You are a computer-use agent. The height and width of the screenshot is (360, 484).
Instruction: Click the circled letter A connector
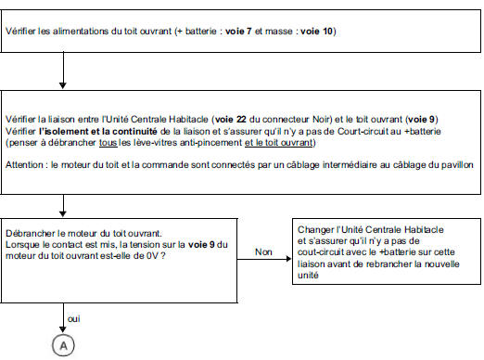coord(63,345)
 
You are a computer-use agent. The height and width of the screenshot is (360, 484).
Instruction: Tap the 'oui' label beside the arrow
coord(73,319)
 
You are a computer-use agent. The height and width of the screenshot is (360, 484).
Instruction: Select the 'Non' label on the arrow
coord(263,252)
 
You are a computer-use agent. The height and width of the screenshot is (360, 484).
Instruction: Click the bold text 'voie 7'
coord(238,32)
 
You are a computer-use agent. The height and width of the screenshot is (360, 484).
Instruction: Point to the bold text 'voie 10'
coord(317,32)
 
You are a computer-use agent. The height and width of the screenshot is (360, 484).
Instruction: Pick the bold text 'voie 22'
coord(231,120)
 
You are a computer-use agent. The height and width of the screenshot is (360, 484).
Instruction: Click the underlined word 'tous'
coord(108,143)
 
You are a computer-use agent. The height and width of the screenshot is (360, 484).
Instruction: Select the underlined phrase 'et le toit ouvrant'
coord(279,143)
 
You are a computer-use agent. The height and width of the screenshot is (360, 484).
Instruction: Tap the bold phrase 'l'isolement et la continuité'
coord(98,132)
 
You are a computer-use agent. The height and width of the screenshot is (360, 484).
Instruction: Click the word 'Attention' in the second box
coord(24,165)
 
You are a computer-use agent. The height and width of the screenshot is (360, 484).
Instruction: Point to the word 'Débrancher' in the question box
coord(30,233)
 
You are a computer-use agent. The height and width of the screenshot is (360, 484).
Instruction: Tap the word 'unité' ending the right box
coord(308,276)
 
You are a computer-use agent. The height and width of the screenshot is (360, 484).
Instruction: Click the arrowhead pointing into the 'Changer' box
coord(288,259)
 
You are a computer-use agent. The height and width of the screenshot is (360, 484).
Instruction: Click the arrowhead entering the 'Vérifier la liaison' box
coord(63,85)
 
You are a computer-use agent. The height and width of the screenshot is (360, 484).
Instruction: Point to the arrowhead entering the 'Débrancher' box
coord(63,213)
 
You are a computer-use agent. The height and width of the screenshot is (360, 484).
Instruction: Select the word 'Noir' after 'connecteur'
coord(320,120)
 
